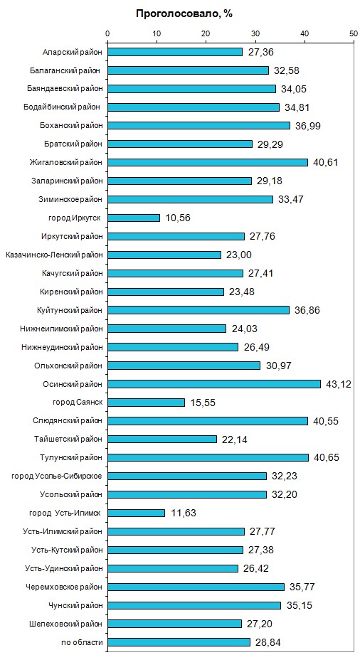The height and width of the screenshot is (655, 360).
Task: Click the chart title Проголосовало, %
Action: point(184,14)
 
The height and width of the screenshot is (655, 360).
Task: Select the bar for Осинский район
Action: point(214,384)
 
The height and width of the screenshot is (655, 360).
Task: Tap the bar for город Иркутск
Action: point(134,218)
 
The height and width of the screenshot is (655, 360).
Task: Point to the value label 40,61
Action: point(325,162)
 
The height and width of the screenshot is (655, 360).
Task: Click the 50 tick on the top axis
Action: point(354,33)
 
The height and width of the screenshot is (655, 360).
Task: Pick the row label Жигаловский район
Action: point(66,162)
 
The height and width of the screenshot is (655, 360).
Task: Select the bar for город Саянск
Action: point(146,403)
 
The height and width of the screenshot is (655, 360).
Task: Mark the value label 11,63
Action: point(183,513)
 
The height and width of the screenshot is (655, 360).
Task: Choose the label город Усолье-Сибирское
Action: point(57,476)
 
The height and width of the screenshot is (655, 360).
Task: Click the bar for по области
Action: point(179,642)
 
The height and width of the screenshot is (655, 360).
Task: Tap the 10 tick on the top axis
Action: point(157,33)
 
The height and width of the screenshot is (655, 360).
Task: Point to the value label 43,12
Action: point(339,384)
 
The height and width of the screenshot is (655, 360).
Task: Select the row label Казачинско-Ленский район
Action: point(54,255)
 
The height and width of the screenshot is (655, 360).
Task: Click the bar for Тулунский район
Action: point(208,458)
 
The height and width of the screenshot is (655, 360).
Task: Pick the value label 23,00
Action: point(239,255)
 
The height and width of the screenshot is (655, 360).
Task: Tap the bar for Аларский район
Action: point(175,52)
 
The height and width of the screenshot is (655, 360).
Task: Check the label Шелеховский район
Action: point(66,624)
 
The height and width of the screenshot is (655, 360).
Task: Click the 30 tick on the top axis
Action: point(255,33)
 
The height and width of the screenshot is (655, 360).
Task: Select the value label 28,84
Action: point(268,642)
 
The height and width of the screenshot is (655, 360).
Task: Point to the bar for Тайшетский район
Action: point(162,439)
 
